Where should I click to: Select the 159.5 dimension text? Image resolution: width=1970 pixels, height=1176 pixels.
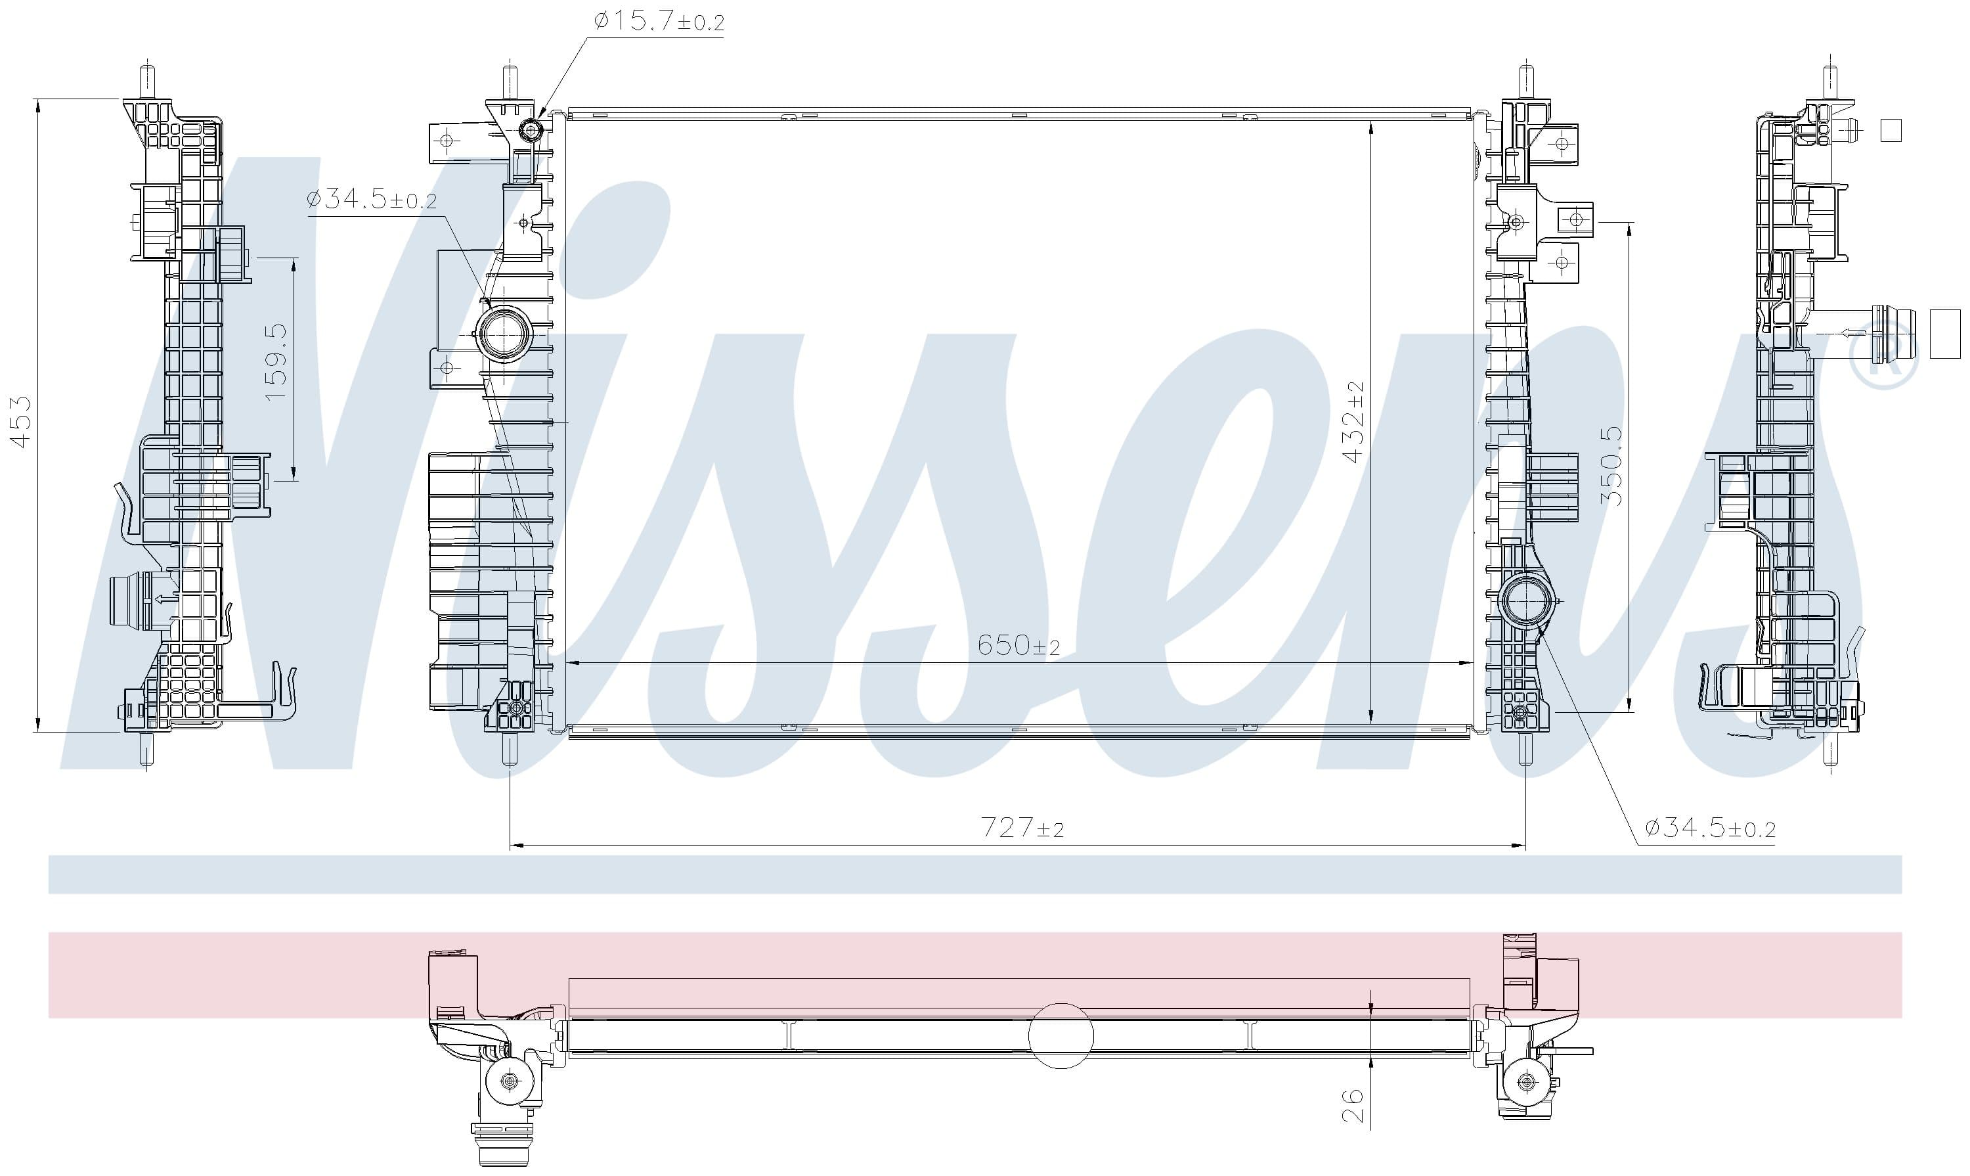click(275, 361)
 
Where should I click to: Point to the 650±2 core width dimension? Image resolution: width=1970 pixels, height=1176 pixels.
click(1018, 645)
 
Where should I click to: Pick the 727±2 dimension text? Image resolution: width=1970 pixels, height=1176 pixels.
click(1022, 827)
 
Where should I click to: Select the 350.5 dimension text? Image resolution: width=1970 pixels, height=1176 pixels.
click(1610, 466)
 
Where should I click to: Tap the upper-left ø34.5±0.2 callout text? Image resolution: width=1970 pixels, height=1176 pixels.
click(372, 199)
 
